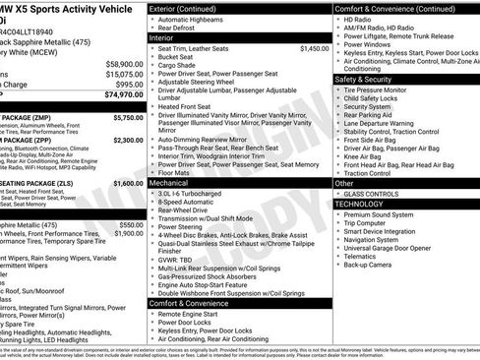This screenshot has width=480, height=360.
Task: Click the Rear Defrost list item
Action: (x=185, y=29)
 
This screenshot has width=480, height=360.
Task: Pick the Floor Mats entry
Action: (x=181, y=172)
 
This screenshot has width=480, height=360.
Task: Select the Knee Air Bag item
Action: (x=369, y=154)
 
